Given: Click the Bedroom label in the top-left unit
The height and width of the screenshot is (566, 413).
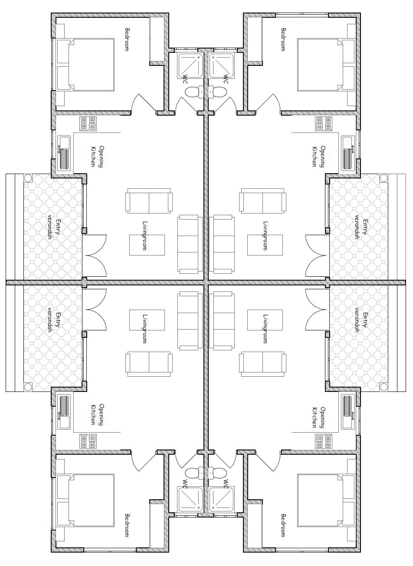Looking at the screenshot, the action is (127, 39).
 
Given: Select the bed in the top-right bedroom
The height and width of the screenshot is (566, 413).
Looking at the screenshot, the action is (326, 65).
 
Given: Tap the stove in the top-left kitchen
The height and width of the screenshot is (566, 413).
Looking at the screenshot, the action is (88, 123).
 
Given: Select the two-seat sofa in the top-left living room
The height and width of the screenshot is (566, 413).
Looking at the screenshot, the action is (149, 201).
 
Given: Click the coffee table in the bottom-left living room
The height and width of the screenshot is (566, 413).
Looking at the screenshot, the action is (147, 320).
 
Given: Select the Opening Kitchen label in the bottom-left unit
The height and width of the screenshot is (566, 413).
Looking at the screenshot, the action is (98, 414).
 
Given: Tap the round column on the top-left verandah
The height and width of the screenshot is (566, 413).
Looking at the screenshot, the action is (28, 178).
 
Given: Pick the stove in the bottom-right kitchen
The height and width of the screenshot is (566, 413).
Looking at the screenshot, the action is (324, 441).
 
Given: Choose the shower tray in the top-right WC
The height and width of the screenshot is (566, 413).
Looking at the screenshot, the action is (222, 65).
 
